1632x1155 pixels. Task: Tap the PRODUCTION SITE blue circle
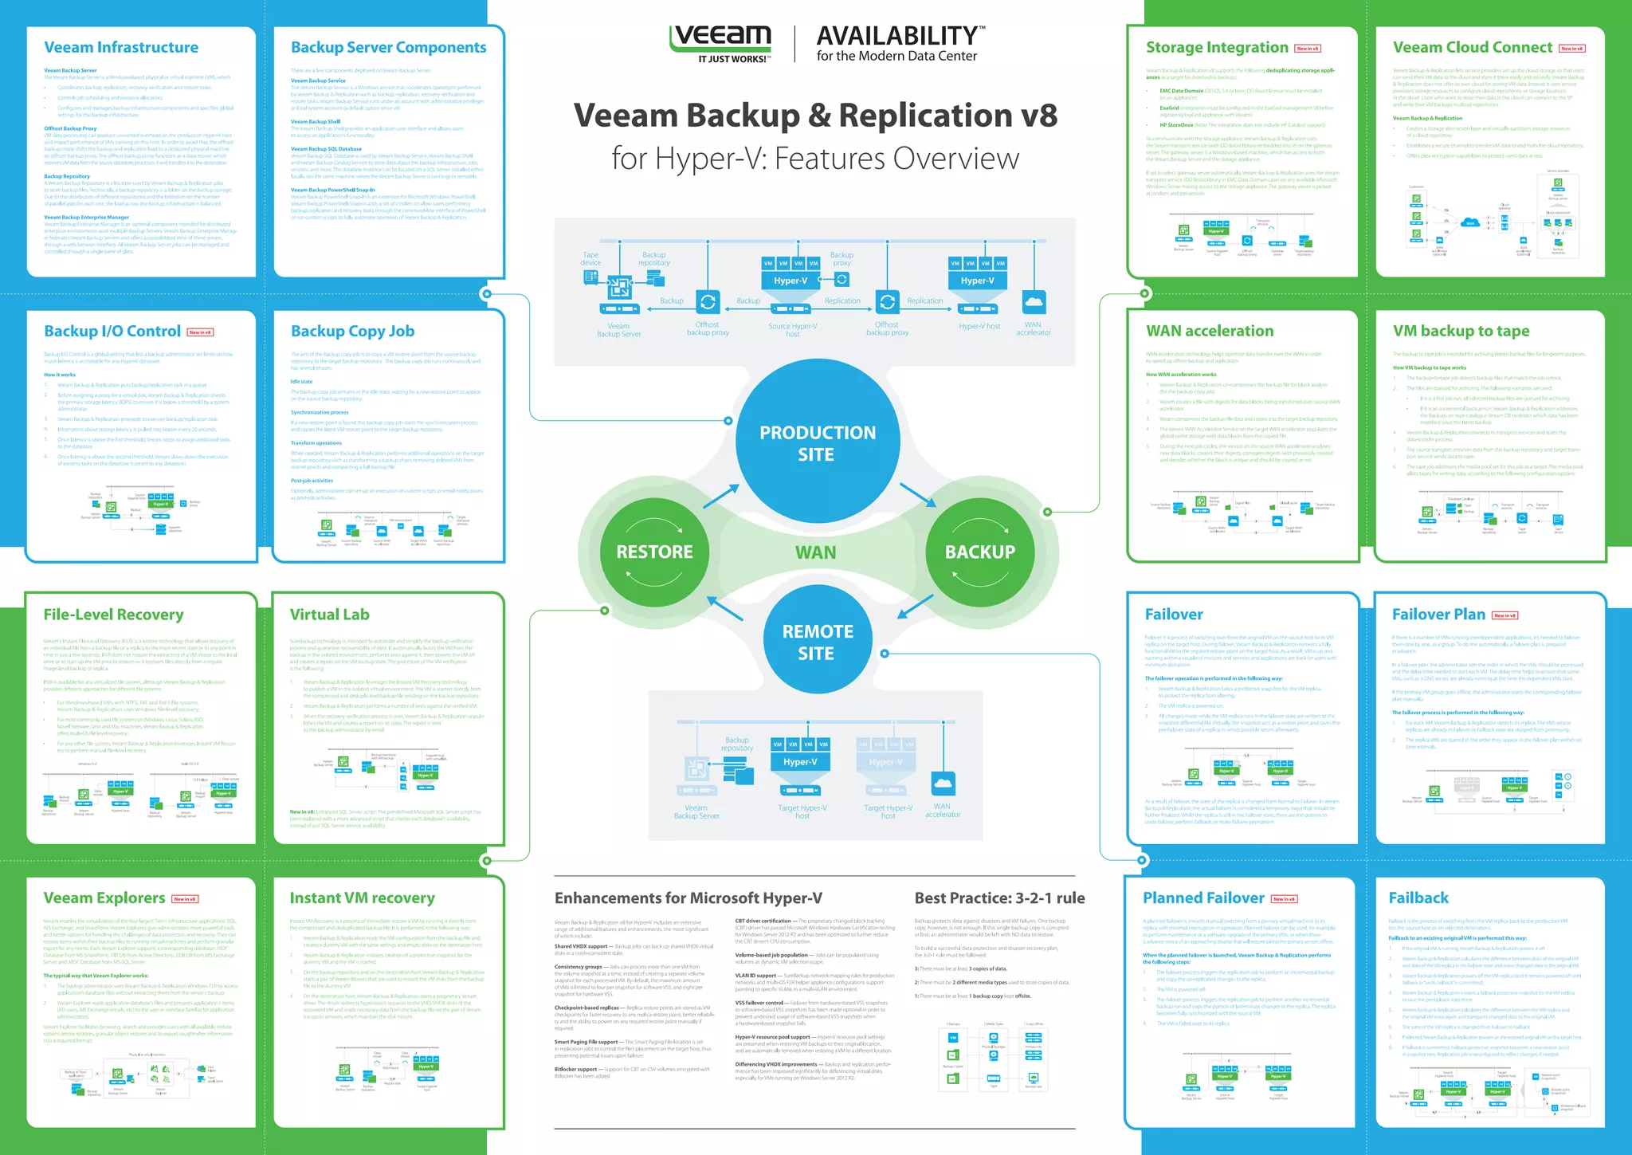(818, 443)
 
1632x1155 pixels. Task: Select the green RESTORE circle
(654, 552)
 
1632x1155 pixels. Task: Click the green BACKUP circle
(979, 552)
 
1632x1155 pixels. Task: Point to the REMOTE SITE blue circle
(818, 642)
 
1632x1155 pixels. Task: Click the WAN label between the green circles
(815, 552)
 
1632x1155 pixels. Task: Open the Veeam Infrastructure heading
(121, 48)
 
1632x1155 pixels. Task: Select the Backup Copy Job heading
(352, 331)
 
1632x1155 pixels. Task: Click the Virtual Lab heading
(329, 615)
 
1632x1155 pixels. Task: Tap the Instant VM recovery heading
(362, 898)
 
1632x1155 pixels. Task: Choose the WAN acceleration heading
(1210, 331)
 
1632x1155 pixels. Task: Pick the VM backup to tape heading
(1461, 331)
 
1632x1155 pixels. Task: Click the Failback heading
(1418, 898)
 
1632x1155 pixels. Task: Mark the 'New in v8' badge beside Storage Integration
(1308, 49)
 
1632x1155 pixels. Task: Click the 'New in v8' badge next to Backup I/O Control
(200, 332)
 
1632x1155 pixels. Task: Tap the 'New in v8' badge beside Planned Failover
(1284, 899)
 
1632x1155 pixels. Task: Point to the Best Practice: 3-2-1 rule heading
(999, 898)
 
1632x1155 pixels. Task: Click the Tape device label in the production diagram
(590, 258)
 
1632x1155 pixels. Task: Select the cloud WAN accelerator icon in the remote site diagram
(943, 784)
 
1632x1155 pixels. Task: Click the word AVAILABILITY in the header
(896, 36)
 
